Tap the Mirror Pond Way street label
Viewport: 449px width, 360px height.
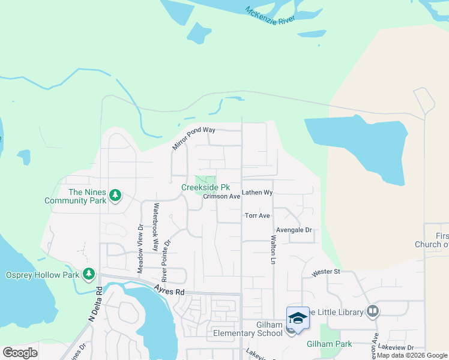pyautogui.click(x=193, y=139)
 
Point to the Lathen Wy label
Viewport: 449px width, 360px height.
pyautogui.click(x=258, y=193)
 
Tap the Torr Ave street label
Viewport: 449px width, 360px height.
pyautogui.click(x=258, y=215)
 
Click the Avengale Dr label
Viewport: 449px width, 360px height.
pyautogui.click(x=294, y=230)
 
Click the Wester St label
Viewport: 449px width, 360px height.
pyautogui.click(x=326, y=272)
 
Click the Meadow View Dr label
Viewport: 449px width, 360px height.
pyautogui.click(x=140, y=249)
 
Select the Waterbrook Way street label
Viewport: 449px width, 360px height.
pyautogui.click(x=155, y=227)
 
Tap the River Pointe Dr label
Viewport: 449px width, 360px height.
pyautogui.click(x=167, y=261)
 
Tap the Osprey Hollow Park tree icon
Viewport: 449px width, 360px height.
pyautogui.click(x=89, y=274)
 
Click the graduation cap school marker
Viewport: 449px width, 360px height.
pyautogui.click(x=298, y=317)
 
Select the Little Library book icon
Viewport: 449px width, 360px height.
pyautogui.click(x=373, y=311)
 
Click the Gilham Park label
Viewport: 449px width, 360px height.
pyautogui.click(x=328, y=344)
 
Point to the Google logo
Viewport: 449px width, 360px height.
pyautogui.click(x=20, y=353)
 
